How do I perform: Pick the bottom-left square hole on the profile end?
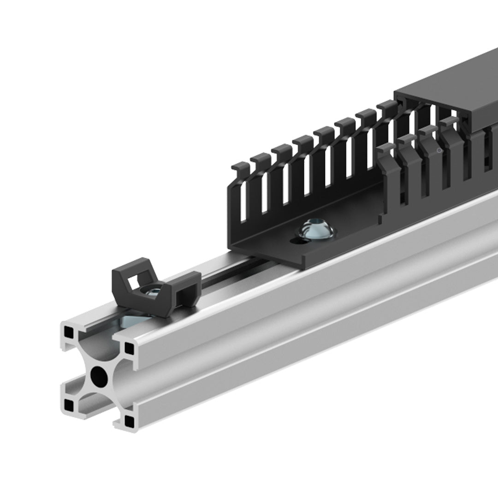click(69, 405)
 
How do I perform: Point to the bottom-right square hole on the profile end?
click(130, 421)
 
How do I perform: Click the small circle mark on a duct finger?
click(439, 150)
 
